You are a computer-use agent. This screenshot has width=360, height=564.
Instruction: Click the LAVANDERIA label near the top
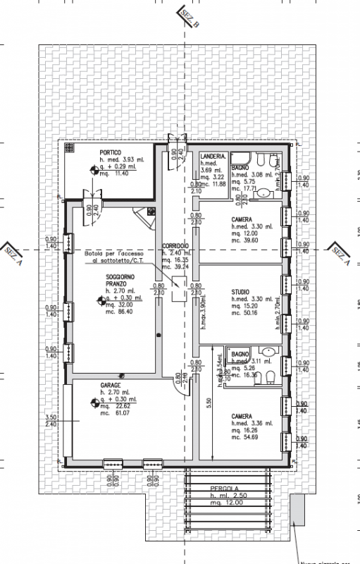click(x=213, y=156)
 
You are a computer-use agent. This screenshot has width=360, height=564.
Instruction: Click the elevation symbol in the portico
click(x=94, y=168)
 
